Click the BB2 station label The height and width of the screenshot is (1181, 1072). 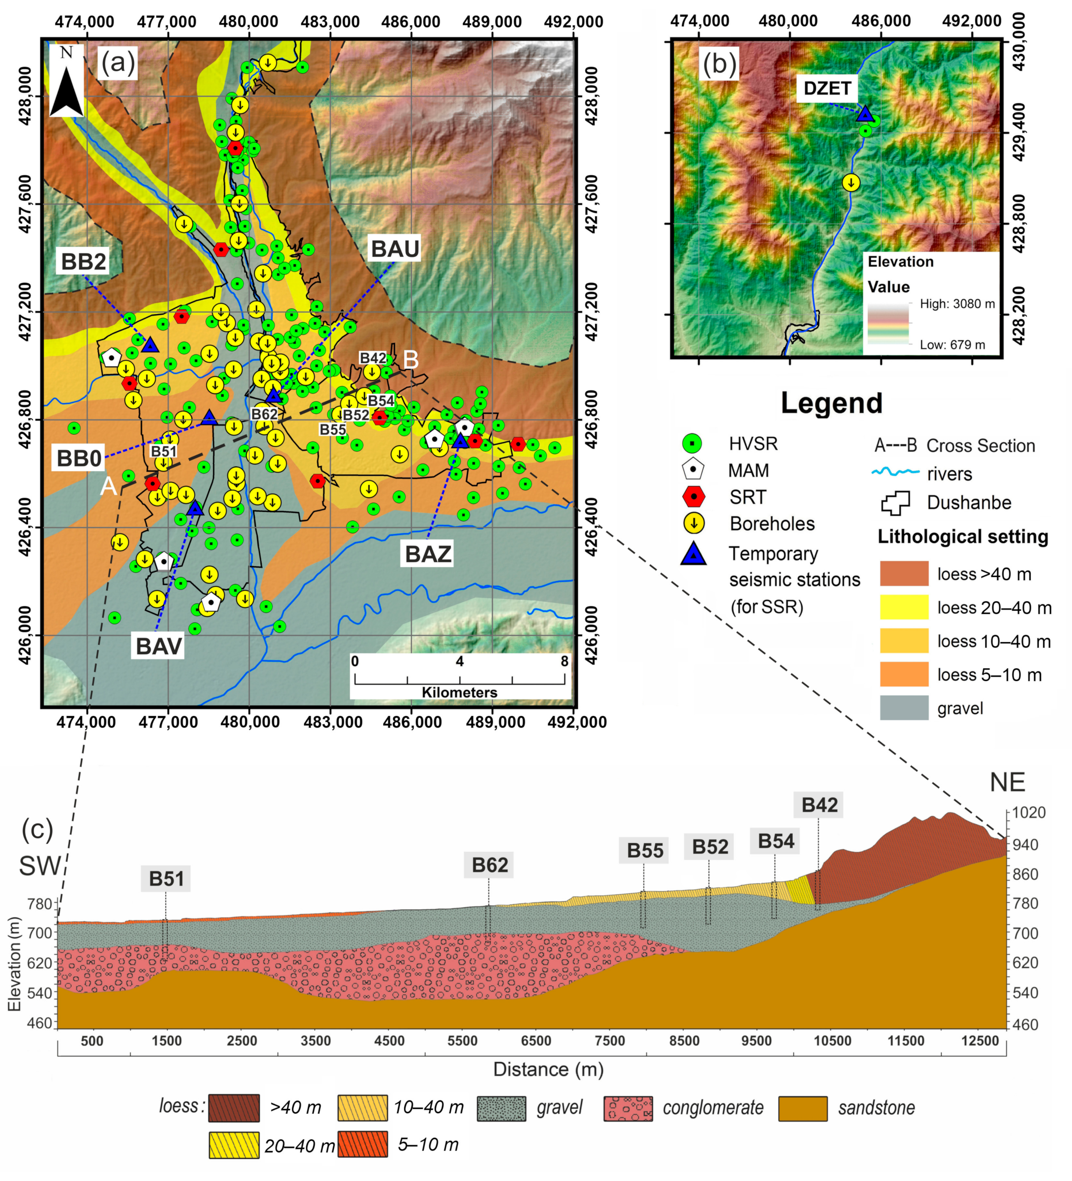coord(84,261)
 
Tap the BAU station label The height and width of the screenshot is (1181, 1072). coord(395,249)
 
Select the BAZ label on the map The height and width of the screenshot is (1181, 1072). coord(428,553)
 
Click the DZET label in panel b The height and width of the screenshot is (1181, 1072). coord(827,88)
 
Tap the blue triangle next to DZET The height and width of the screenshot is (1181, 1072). coord(865,114)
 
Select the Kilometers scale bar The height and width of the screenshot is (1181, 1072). coord(460,679)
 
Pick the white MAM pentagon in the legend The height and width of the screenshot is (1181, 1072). coord(694,470)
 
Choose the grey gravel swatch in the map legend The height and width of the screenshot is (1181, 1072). coord(904,708)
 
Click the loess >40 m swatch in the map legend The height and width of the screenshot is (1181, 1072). coord(904,574)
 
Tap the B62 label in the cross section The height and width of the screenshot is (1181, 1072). coord(489,865)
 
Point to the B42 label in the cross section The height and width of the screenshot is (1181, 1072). coord(819,805)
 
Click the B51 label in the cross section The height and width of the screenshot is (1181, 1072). coord(166,879)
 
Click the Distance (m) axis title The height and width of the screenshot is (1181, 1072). coord(548,1069)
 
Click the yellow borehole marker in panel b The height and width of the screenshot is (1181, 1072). coord(851,183)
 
